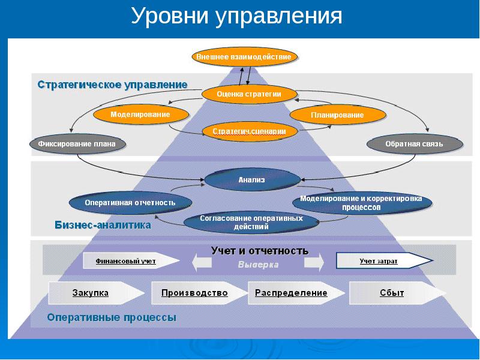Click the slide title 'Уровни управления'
(236, 16)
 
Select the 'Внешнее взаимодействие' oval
(245, 57)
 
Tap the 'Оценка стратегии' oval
(249, 94)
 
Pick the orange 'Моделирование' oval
(140, 114)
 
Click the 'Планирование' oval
(337, 115)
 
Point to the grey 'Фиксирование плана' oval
(73, 144)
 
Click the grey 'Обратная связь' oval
(414, 145)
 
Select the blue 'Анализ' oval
(251, 179)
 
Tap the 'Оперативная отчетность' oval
(130, 203)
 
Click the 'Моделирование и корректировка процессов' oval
(361, 203)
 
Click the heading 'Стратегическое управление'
(113, 85)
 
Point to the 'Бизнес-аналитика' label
(103, 226)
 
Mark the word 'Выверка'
(259, 265)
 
